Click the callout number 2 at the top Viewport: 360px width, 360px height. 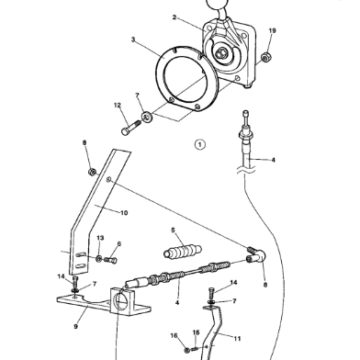coord(175,17)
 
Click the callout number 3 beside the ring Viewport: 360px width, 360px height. coord(133,40)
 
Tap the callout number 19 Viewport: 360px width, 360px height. coord(272,31)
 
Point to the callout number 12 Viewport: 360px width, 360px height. coord(117,106)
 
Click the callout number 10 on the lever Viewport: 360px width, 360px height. coord(124,212)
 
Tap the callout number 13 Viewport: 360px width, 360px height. coord(99,238)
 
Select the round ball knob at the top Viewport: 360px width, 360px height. coord(219,6)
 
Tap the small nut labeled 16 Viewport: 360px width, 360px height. coord(186,350)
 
